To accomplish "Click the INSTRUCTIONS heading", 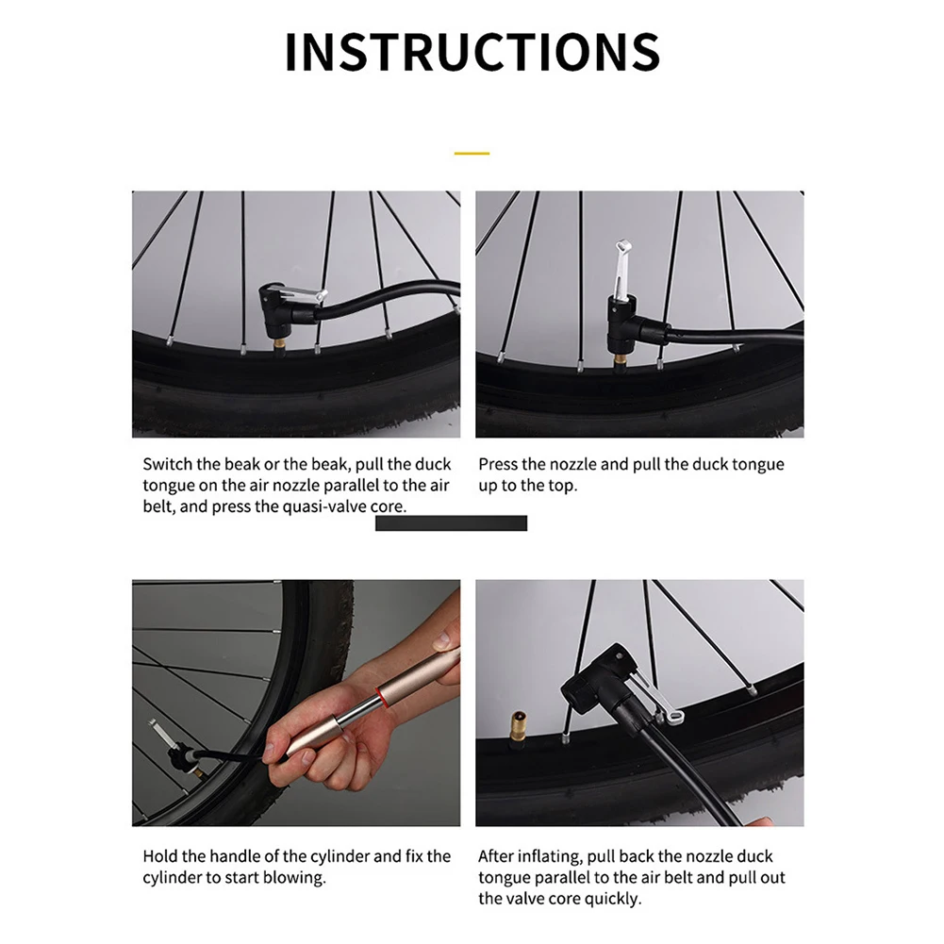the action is click(x=472, y=52).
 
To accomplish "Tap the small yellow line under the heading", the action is click(x=472, y=154).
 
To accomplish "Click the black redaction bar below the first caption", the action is click(x=451, y=523).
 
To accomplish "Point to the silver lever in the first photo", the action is click(x=304, y=295).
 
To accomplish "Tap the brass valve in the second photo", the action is click(x=621, y=361).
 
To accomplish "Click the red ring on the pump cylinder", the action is click(x=380, y=695).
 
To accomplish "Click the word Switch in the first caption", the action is click(x=168, y=464).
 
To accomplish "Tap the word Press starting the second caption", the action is click(x=498, y=464).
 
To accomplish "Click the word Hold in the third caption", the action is click(x=160, y=856).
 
